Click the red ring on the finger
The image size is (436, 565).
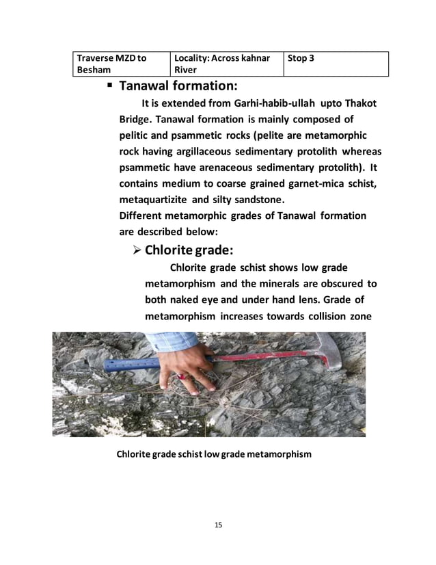coord(182,376)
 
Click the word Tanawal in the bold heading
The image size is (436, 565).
coord(143,87)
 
